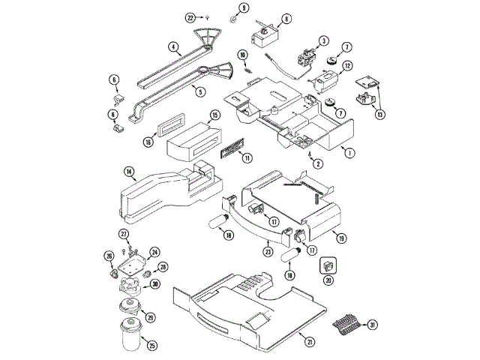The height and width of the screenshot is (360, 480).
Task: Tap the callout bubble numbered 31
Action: tap(373, 324)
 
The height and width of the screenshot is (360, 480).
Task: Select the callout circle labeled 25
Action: tap(151, 346)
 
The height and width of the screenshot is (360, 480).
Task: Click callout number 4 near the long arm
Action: tap(173, 46)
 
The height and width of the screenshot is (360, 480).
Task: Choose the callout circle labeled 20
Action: tap(327, 280)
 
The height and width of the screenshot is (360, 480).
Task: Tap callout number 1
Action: tap(348, 151)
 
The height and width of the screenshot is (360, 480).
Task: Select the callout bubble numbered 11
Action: tap(247, 157)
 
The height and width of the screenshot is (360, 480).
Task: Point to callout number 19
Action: tap(341, 238)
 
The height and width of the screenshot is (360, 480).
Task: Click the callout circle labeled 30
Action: tap(154, 283)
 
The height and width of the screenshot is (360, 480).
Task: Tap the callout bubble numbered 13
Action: tap(381, 115)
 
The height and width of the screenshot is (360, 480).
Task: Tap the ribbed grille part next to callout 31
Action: tap(346, 324)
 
